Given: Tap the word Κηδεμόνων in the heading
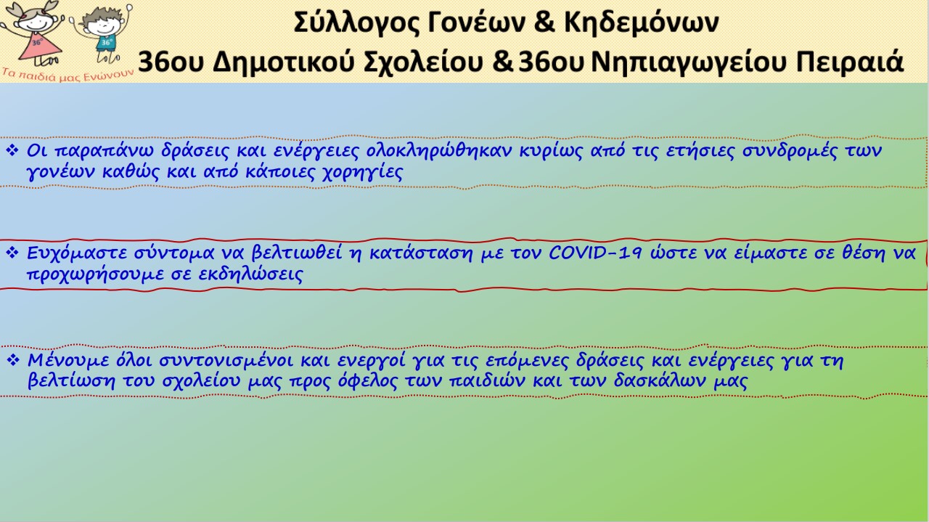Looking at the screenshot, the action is point(641,22).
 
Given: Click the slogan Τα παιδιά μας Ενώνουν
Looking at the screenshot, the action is point(67,76).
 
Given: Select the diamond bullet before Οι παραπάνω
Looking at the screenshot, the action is point(12,150).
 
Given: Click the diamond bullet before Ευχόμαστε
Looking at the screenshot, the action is point(12,252).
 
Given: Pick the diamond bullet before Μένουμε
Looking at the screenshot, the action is point(13,359).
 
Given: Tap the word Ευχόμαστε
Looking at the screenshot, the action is point(77,253).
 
